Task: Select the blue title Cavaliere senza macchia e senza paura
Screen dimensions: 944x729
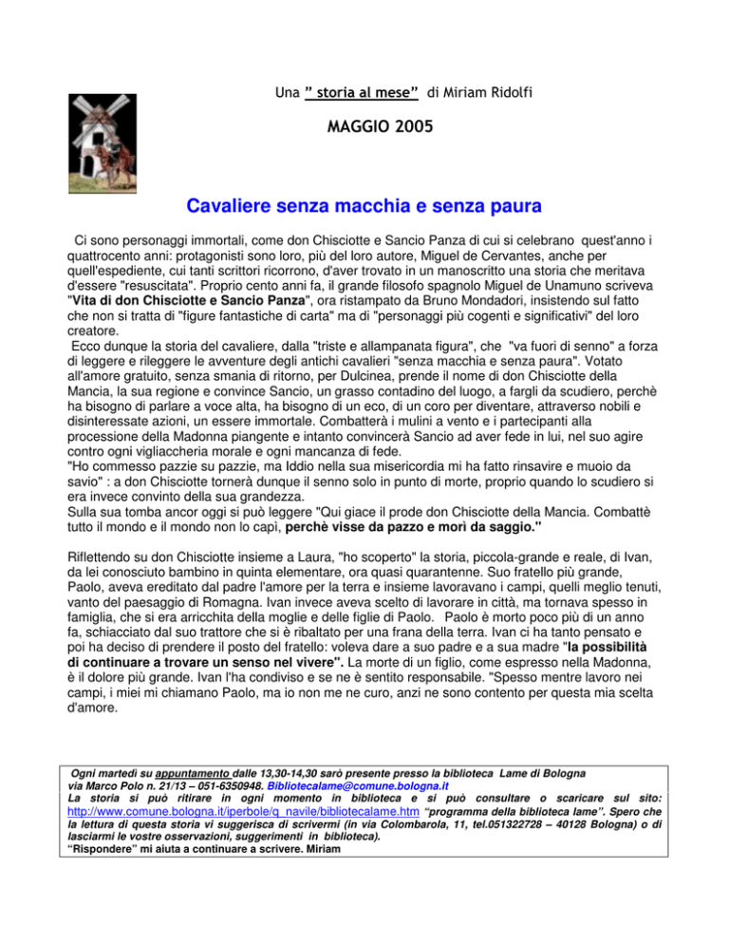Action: point(364,205)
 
